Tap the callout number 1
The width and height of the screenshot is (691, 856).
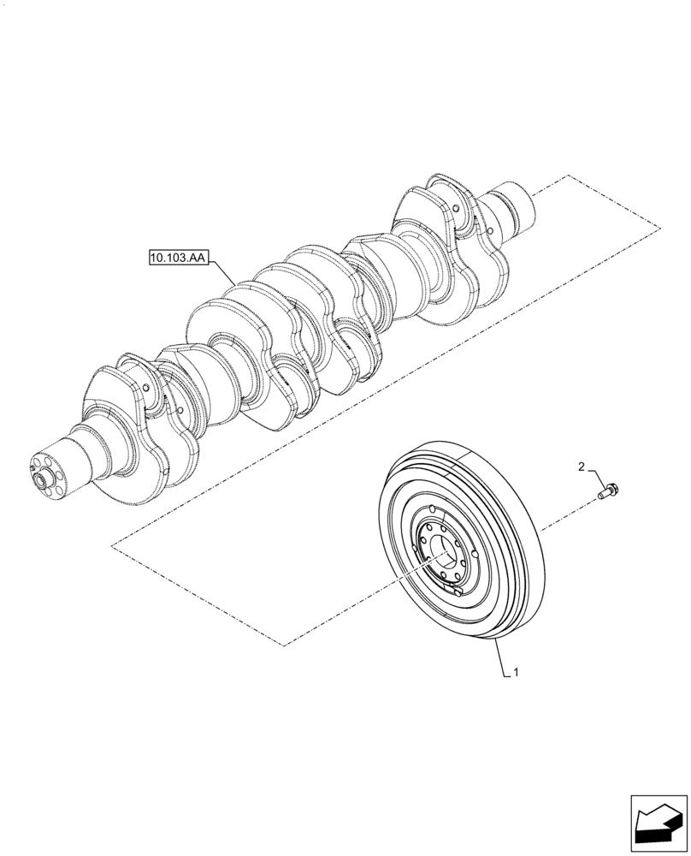(515, 675)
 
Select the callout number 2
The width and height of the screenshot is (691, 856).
(582, 467)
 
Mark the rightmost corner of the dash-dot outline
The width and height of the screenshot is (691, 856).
(659, 229)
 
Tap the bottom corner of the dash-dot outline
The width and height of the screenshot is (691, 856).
(283, 644)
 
